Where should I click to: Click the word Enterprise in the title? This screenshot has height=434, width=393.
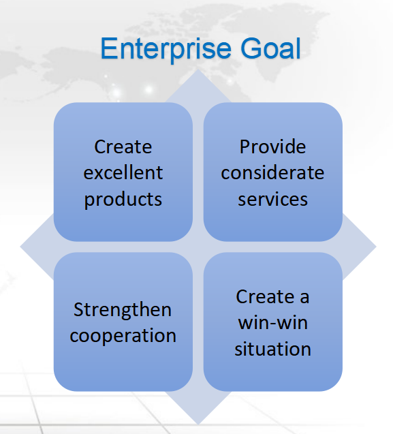166,49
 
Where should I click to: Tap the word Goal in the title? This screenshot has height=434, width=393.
270,49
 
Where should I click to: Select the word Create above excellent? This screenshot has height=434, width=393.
123,146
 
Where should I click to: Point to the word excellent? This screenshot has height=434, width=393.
123,172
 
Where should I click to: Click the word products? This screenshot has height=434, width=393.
123,200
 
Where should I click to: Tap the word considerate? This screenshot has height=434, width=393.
272,172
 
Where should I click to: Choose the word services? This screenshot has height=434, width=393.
272,200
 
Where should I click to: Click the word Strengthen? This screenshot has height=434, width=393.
123,309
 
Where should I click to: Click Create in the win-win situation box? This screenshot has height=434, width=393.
265,296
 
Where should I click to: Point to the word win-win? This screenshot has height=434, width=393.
272,322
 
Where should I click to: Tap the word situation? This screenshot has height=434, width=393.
272,348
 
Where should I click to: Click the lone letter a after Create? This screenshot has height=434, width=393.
304,298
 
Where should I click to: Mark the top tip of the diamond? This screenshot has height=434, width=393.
198,69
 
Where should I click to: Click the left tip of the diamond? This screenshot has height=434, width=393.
20,247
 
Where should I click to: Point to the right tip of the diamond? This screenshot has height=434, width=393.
376,247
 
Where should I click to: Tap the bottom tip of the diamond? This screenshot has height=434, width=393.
198,424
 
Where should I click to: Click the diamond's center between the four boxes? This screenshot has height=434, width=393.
198,247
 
